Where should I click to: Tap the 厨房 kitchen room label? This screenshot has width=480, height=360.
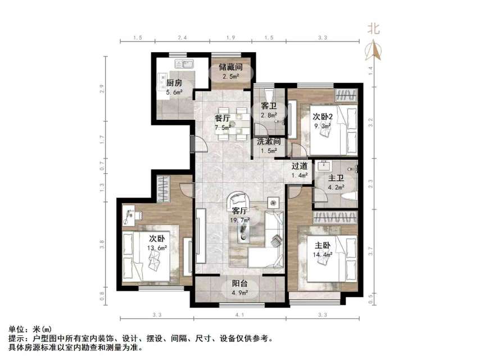coord(174,83)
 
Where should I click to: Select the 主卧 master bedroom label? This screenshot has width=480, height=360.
coord(323,245)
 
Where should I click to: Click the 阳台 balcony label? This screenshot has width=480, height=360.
coord(241,283)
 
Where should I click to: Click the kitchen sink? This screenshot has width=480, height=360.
coord(184,64)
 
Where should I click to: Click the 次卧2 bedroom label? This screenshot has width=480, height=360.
coord(323,116)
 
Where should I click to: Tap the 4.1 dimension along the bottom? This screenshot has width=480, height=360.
coord(240,314)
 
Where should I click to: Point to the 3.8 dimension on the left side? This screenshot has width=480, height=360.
coord(102,245)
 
